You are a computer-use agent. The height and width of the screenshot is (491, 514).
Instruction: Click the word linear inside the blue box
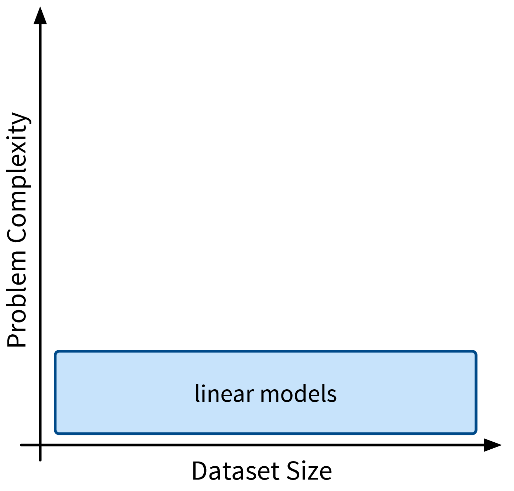point(224,393)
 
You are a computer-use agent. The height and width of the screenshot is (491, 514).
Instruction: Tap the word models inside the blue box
point(299,393)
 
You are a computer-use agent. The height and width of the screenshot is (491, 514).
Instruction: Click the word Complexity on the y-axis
point(18,177)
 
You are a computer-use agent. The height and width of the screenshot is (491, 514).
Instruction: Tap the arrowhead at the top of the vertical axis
point(40,15)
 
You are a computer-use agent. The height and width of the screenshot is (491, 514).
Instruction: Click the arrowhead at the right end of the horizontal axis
point(493,445)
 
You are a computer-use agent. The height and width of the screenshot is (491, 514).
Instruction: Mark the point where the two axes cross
point(40,445)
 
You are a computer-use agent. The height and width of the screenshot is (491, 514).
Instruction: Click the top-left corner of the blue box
point(55,351)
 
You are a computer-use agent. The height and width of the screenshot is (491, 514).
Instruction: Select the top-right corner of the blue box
point(476,351)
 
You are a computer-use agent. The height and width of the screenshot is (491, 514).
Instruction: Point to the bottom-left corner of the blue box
point(55,434)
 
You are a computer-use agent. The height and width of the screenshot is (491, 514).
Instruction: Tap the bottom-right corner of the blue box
point(476,434)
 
